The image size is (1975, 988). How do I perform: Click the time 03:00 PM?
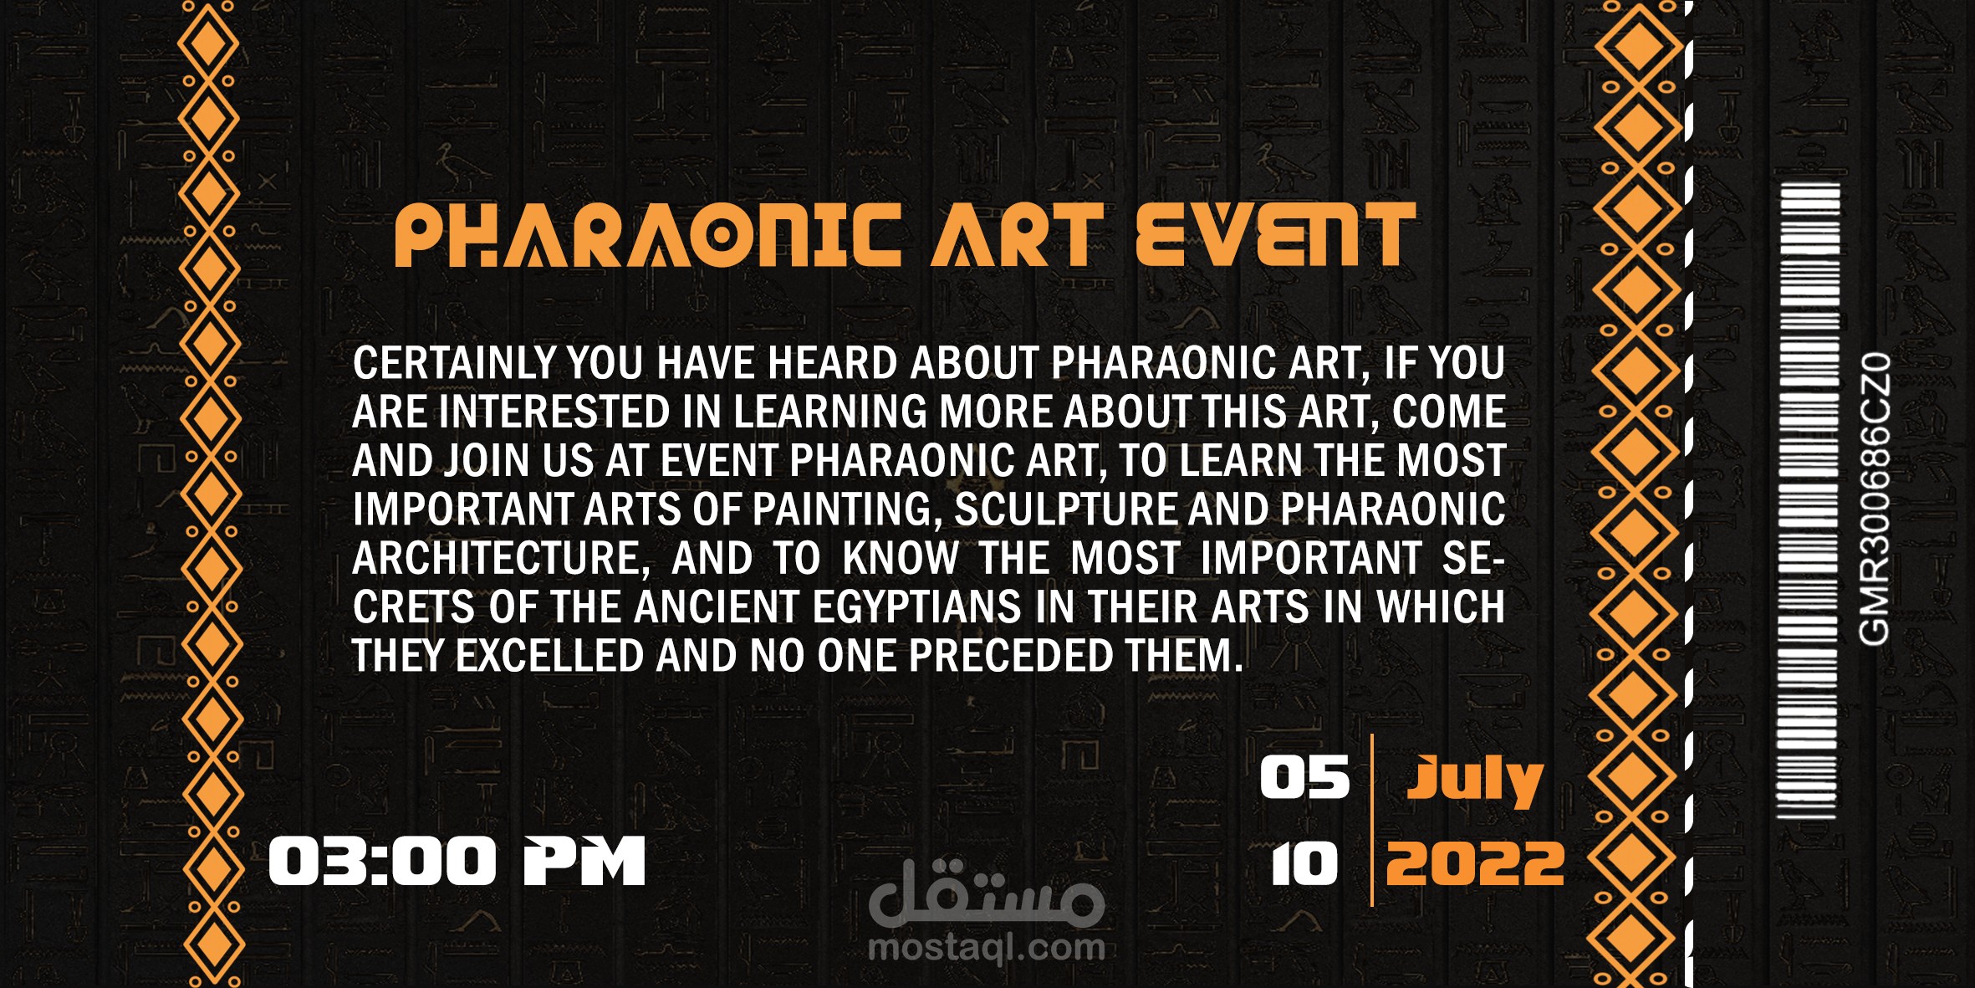[457, 861]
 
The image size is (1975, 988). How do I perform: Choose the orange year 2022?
[1475, 864]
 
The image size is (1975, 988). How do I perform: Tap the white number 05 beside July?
[1304, 777]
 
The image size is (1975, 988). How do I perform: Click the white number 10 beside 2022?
[1304, 864]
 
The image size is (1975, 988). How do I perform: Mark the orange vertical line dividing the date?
[1372, 820]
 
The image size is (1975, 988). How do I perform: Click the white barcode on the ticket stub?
[1808, 500]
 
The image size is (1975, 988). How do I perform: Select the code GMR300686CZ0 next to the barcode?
[1874, 499]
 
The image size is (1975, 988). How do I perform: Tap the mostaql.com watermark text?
[987, 948]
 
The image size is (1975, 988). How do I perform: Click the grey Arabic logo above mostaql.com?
[987, 893]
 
